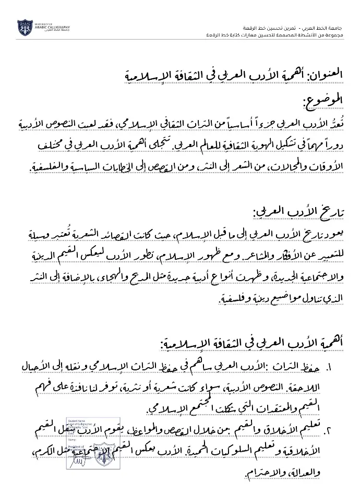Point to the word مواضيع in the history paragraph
coord(267,300)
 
